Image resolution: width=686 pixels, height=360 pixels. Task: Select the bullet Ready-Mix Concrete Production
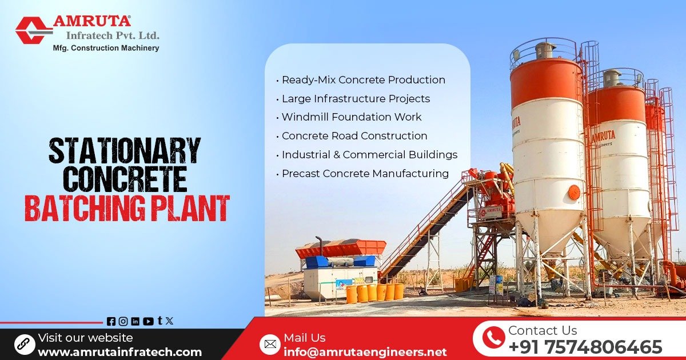pos(363,80)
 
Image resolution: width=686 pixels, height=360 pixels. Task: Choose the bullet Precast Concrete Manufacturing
pos(365,174)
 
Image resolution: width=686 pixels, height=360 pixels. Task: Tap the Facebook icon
pos(111,321)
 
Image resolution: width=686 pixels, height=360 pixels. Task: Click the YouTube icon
pos(148,321)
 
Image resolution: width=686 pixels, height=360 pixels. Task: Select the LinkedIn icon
pos(135,321)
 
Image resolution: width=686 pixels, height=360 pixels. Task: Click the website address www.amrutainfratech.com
pos(119,352)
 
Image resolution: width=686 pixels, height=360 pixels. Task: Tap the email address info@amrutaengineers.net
pos(365,352)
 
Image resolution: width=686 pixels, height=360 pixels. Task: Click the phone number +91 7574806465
pos(585,347)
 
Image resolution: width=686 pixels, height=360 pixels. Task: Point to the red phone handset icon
pos(493,338)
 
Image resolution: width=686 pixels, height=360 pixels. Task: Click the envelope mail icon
pos(269,344)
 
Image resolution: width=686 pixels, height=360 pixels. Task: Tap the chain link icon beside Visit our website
pos(25,344)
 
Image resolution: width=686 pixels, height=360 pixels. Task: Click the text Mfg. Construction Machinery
pos(106,48)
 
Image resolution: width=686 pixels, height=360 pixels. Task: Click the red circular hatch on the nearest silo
pos(573,192)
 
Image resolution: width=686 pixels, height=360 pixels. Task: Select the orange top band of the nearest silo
pos(546,83)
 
